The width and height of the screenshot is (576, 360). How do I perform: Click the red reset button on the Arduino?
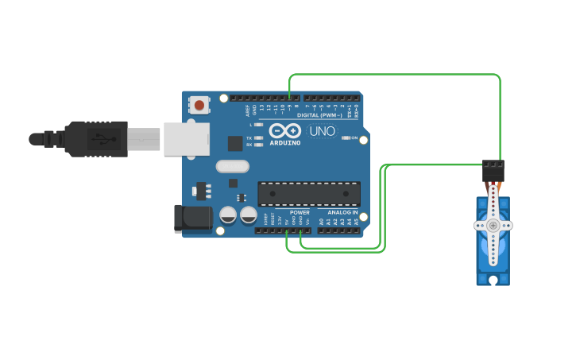pyautogui.click(x=199, y=105)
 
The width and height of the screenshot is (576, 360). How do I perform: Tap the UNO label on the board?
pyautogui.click(x=322, y=131)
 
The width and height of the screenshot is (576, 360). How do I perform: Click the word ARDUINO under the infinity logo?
pyautogui.click(x=285, y=143)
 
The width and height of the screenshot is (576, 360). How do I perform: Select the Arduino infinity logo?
pyautogui.click(x=284, y=131)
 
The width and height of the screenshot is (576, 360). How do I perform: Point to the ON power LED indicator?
pyautogui.click(x=346, y=137)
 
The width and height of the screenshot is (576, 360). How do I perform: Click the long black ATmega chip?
pyautogui.click(x=309, y=194)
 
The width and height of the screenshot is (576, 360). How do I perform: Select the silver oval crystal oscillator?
pyautogui.click(x=232, y=167)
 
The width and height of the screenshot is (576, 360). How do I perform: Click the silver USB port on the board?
pyautogui.click(x=187, y=139)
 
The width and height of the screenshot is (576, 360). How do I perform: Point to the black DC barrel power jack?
pyautogui.click(x=193, y=219)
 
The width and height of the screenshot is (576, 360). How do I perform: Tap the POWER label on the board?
pyautogui.click(x=300, y=212)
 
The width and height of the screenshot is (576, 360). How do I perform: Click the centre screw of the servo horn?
pyautogui.click(x=493, y=226)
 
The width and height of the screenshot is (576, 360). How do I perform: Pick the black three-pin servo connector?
pyautogui.click(x=493, y=170)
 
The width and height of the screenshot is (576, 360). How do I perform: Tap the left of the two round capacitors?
pyautogui.click(x=228, y=215)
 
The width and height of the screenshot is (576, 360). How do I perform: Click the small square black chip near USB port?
pyautogui.click(x=235, y=143)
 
